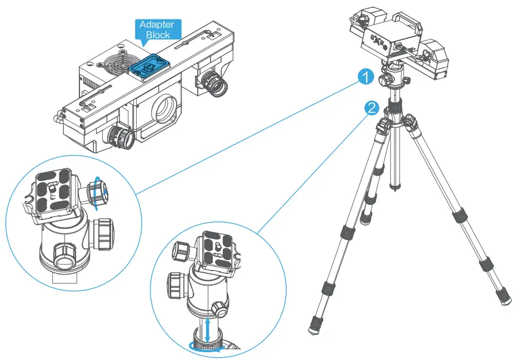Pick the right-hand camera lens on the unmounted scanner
click(x=215, y=83)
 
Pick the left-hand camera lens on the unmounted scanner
click(x=121, y=137)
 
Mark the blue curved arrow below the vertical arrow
click(x=208, y=346)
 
